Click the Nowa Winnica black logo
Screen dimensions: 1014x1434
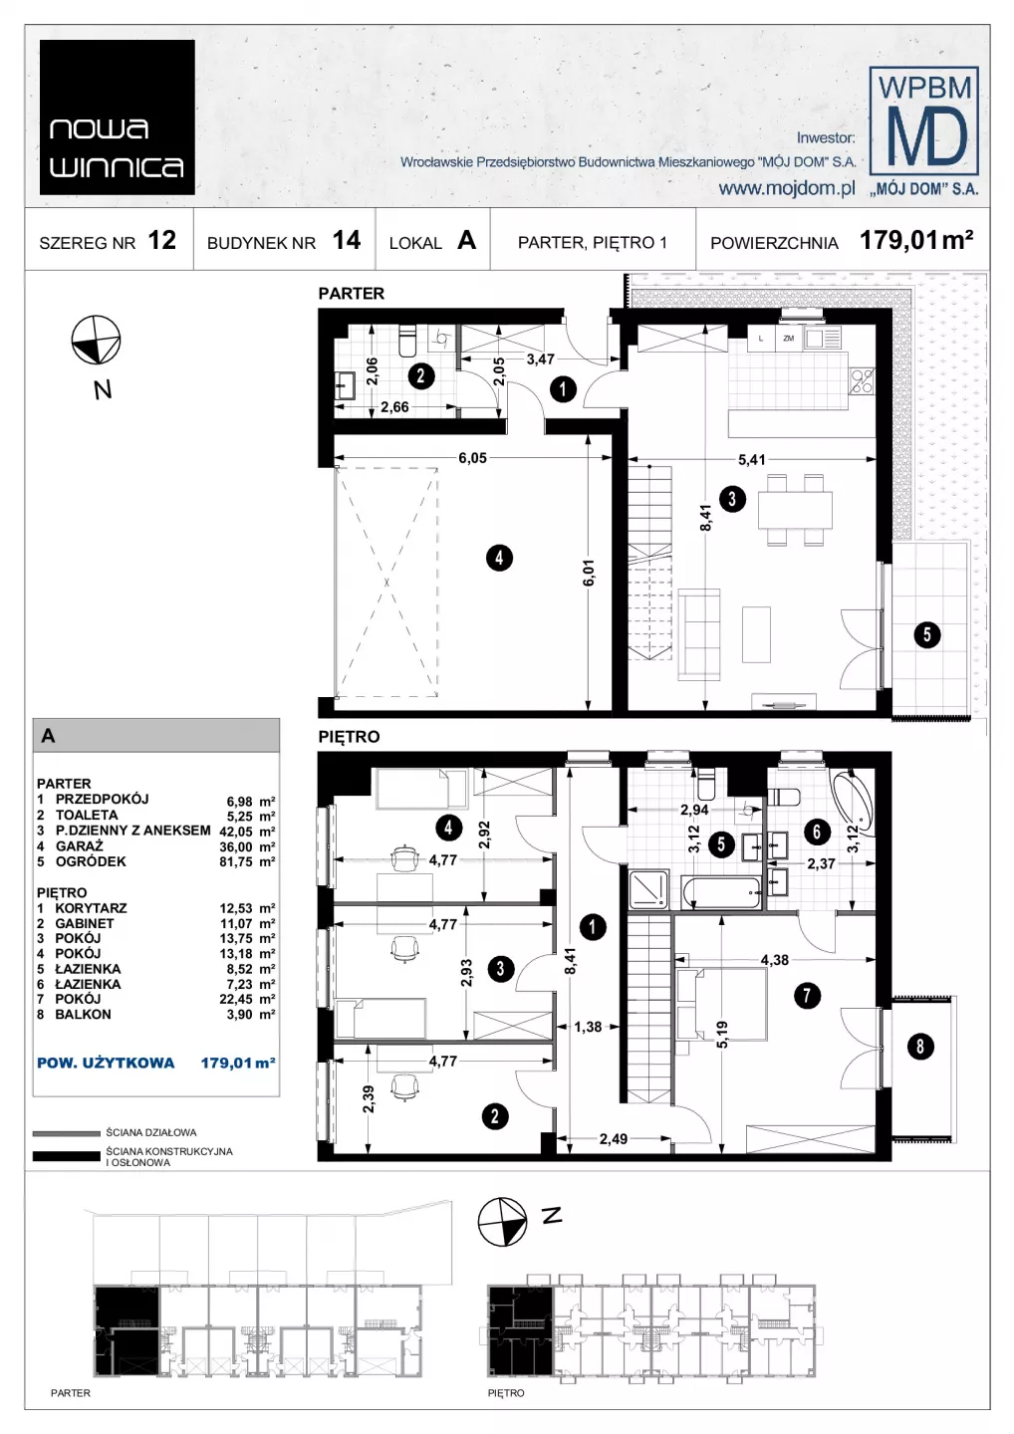click(x=118, y=118)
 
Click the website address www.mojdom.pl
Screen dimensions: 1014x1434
click(x=787, y=188)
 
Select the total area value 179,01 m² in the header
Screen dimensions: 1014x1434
click(x=916, y=240)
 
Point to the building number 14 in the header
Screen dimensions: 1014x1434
click(x=347, y=240)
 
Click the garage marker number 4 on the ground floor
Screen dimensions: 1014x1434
click(x=499, y=558)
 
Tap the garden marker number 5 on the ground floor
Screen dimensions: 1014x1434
click(x=927, y=634)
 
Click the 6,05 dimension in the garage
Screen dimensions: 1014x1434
click(x=472, y=458)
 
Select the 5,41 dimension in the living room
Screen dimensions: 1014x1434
click(x=752, y=459)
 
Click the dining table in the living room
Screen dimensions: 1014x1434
click(x=795, y=510)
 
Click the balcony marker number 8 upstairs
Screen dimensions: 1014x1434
click(x=920, y=1046)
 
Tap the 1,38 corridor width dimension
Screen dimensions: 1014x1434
click(x=588, y=1027)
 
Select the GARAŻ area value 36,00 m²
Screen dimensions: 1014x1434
click(x=247, y=846)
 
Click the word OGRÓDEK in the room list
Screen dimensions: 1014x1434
click(x=91, y=861)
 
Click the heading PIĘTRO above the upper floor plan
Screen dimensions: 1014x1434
click(x=349, y=737)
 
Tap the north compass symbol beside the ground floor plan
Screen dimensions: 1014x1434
click(x=96, y=340)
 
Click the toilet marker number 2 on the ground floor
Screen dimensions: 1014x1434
click(x=420, y=375)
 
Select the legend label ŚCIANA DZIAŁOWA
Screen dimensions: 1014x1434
click(x=151, y=1132)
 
